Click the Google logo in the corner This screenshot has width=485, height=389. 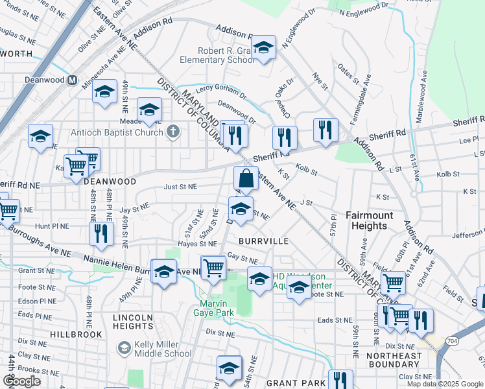[21, 381]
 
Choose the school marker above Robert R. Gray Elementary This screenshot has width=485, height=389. [263, 48]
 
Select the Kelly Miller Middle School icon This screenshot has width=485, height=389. [123, 348]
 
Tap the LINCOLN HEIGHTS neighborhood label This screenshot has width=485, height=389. [133, 322]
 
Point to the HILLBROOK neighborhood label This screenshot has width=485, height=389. [76, 335]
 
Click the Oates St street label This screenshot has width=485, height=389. [348, 71]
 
